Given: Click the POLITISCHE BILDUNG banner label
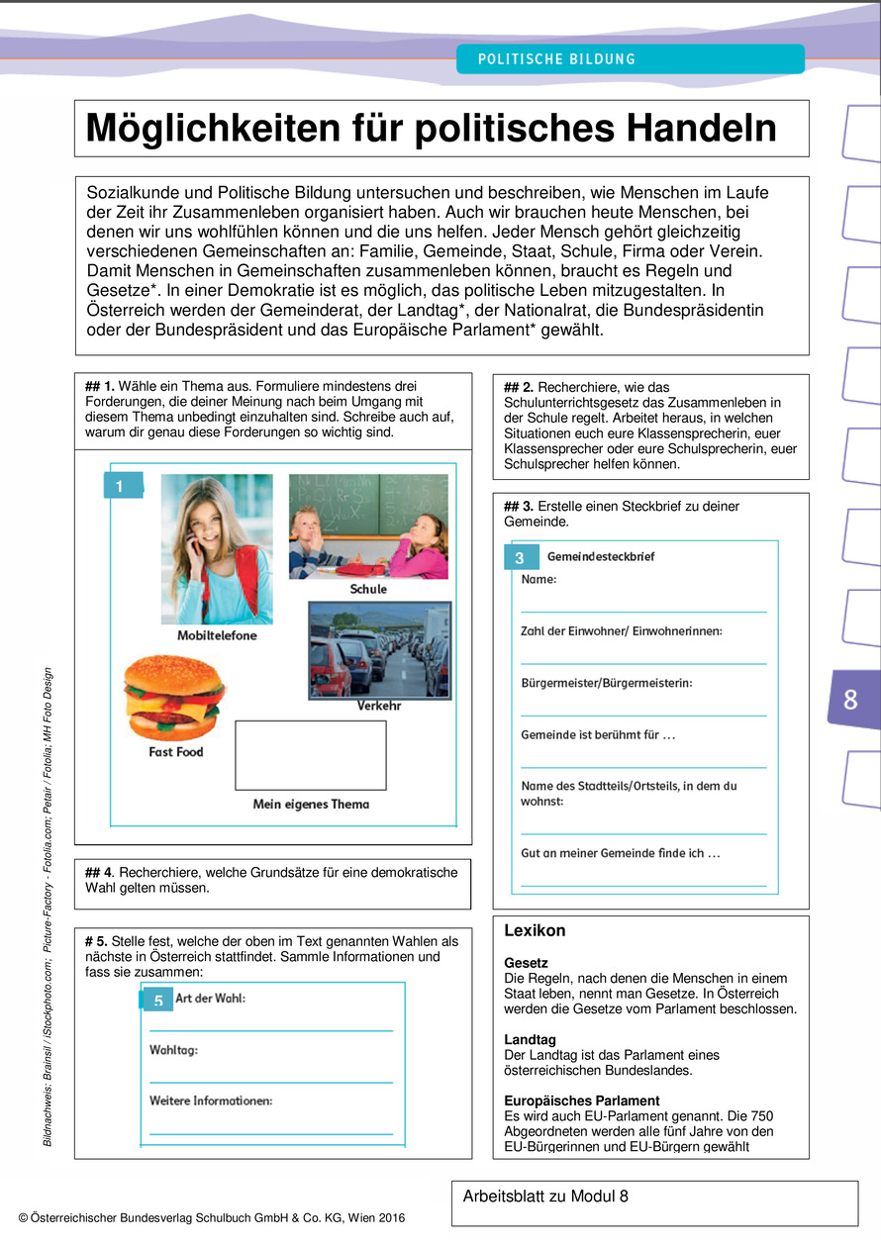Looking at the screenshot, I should click(x=556, y=59).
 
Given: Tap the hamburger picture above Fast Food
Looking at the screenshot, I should click(x=173, y=697).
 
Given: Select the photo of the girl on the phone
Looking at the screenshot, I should click(x=217, y=548).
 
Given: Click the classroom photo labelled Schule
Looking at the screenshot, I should click(x=368, y=526).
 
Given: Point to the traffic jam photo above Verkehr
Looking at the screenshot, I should click(x=379, y=648).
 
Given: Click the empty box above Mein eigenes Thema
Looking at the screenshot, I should click(x=310, y=755).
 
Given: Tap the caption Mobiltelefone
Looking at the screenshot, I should click(x=216, y=634).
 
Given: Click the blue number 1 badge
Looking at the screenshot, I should click(x=120, y=486).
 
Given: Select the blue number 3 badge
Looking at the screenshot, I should click(x=520, y=558).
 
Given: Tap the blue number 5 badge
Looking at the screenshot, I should click(x=157, y=1002).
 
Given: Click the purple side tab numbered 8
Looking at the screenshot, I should click(x=850, y=700).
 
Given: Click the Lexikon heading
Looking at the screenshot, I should click(x=535, y=930).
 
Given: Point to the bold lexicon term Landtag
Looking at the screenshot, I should click(x=530, y=1040).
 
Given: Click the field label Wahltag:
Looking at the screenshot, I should click(x=173, y=1049).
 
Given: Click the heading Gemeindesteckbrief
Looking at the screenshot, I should click(x=601, y=556).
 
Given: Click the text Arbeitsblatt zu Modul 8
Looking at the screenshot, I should click(x=545, y=1197).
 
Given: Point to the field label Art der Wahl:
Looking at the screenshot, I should click(x=210, y=998).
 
